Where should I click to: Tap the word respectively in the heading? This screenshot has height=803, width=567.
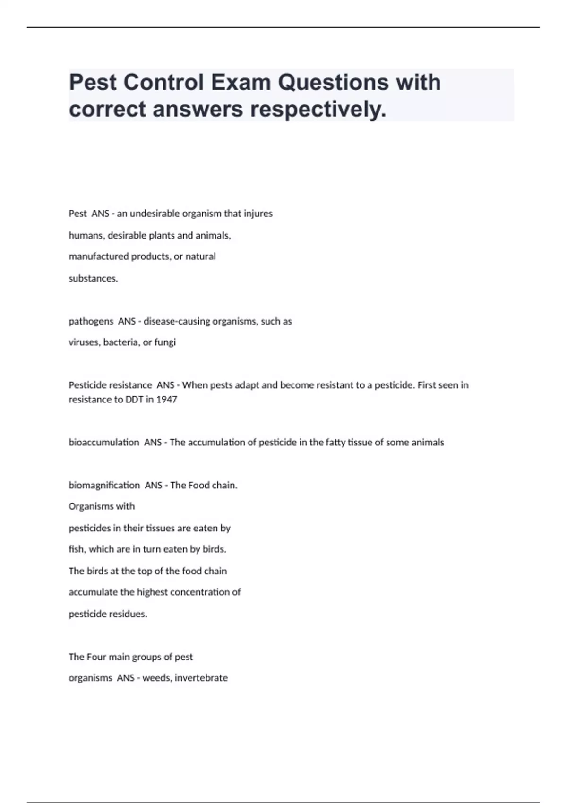point(318,109)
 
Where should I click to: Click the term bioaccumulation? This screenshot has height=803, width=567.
point(104,443)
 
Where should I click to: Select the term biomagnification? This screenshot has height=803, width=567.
point(104,486)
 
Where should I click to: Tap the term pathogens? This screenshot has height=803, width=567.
point(91,321)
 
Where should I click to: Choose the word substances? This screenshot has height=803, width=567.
point(93,278)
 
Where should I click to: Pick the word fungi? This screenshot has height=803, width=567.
point(165,342)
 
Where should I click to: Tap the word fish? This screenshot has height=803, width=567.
point(77,549)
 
